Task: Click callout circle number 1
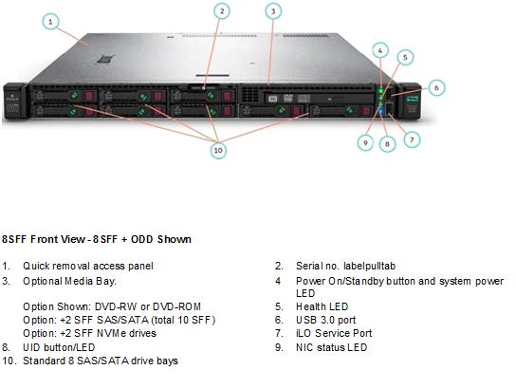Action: tap(50, 22)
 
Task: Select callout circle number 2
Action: tap(222, 11)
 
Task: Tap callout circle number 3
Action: tap(273, 11)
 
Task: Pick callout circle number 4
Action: tap(380, 50)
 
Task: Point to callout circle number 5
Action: tap(405, 57)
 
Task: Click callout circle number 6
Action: tap(436, 87)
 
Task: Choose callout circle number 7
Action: tap(412, 139)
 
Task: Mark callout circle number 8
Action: tap(387, 144)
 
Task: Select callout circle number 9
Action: tap(365, 143)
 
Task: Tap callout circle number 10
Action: tap(218, 151)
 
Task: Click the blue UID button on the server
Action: tap(381, 112)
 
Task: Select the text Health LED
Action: tap(322, 306)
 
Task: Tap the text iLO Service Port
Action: tap(334, 333)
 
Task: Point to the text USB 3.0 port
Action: tap(325, 320)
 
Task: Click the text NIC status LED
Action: tap(331, 347)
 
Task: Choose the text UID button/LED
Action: tap(59, 347)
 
